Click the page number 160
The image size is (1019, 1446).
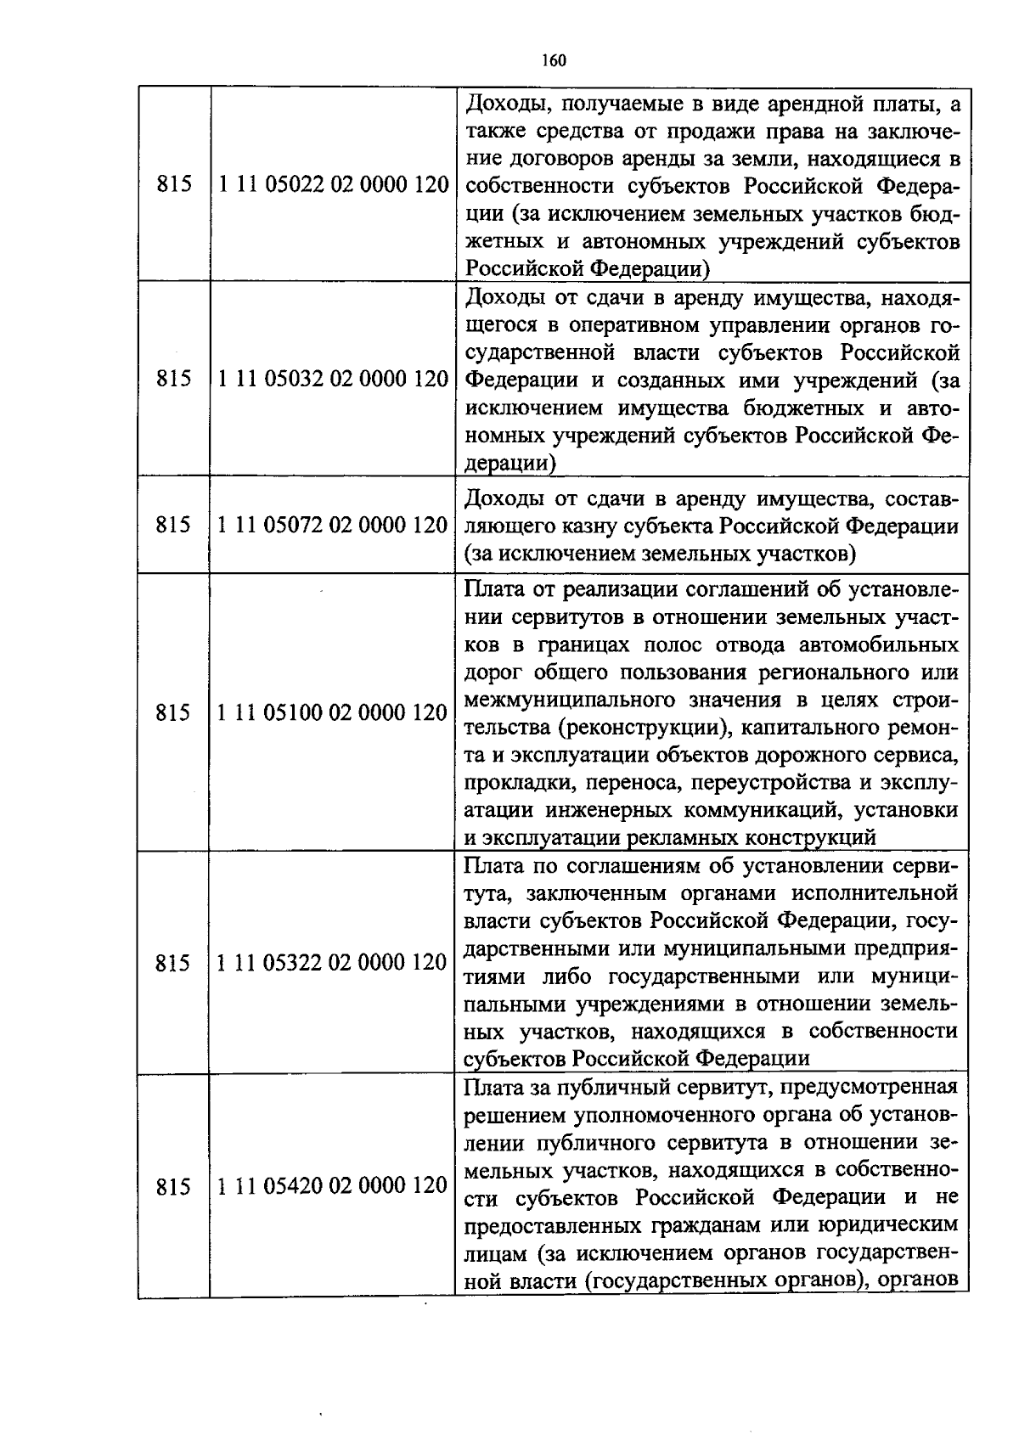[x=552, y=60]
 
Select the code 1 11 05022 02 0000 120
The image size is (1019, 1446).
[x=333, y=184]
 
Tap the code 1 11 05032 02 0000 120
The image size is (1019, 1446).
[x=333, y=379]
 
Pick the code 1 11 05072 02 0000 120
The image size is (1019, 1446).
[x=333, y=525]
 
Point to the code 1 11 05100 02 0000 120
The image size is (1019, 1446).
[x=333, y=712]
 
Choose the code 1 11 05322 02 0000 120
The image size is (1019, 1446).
[x=333, y=963]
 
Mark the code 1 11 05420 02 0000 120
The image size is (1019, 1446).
[x=333, y=1185]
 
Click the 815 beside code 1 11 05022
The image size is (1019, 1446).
[x=174, y=184]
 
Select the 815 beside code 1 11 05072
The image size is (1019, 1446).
[x=174, y=525]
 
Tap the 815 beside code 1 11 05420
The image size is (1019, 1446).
[x=174, y=1187]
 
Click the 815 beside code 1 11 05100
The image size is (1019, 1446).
[x=174, y=713]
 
